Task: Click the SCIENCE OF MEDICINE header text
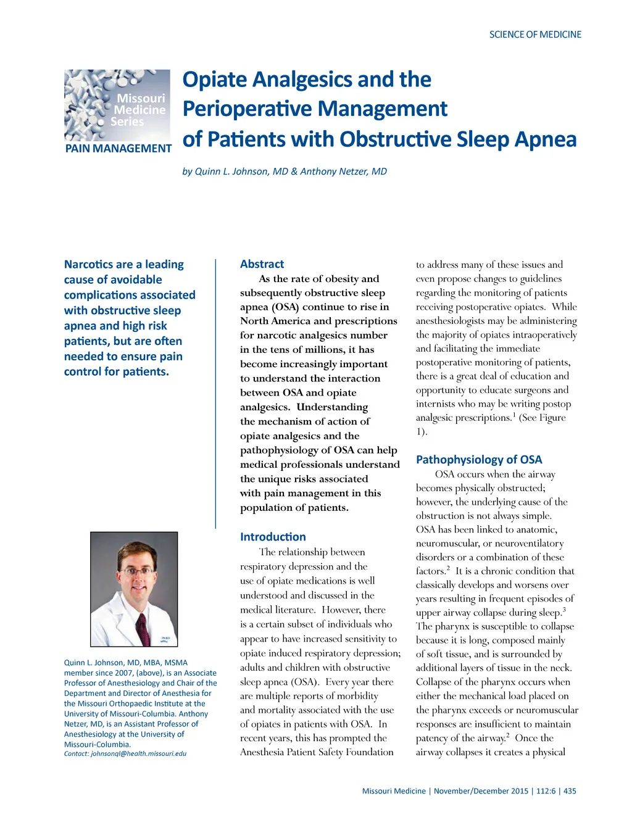[535, 35]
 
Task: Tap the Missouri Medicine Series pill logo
[117, 105]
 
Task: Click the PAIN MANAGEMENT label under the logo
[118, 149]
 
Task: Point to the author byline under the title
[285, 172]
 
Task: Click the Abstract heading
[262, 264]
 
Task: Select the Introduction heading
[273, 537]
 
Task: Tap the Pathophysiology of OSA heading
[479, 460]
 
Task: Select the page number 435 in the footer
[570, 791]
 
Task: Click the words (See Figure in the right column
[543, 418]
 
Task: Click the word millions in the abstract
[318, 350]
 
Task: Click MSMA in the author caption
[176, 663]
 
